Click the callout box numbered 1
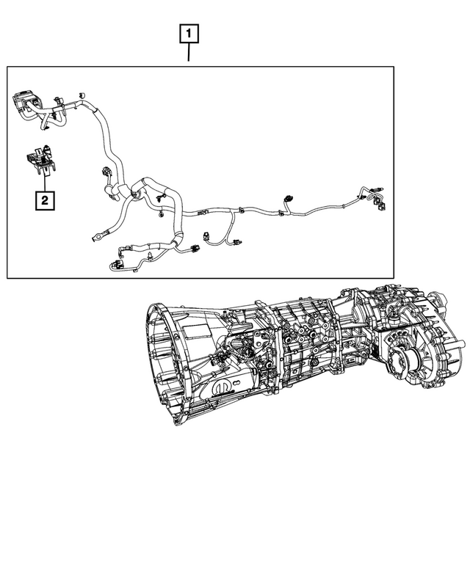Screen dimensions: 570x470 point(189,33)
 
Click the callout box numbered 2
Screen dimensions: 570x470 point(45,200)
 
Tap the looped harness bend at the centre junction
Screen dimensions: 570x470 point(136,192)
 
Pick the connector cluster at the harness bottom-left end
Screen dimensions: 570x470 point(116,265)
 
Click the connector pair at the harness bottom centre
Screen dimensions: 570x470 point(192,248)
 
